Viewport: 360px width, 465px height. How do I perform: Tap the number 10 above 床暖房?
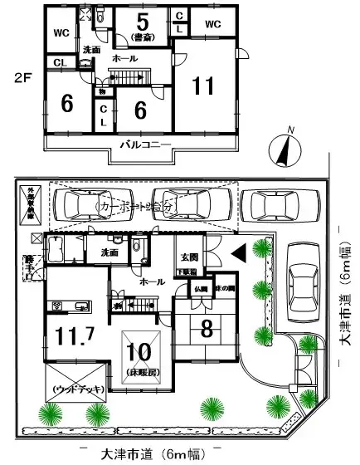(139, 350)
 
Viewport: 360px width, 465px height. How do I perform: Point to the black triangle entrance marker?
(236, 251)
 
